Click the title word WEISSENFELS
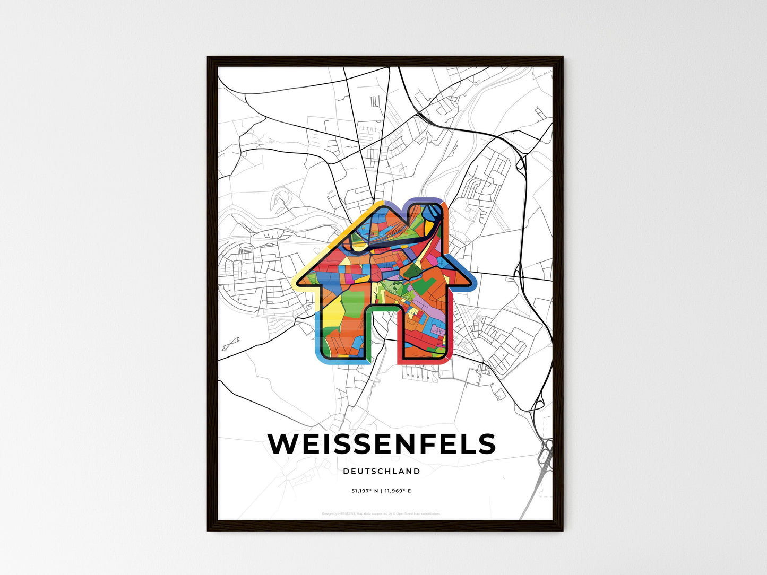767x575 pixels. point(382,445)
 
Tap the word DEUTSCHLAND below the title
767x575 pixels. point(382,471)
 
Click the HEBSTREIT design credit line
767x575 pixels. point(381,513)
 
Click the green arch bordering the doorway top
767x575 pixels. point(382,307)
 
